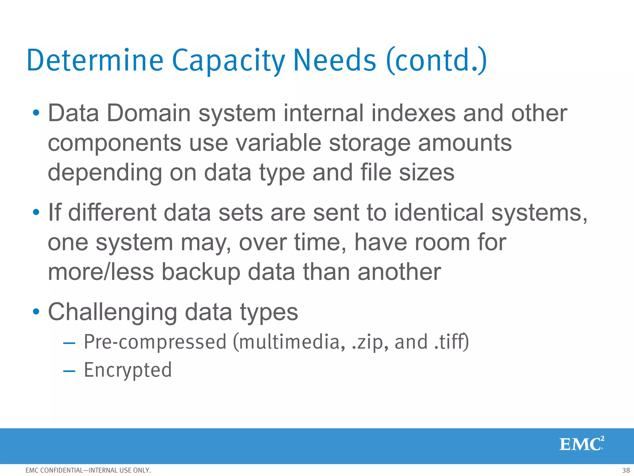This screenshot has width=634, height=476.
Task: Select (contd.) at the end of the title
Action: click(437, 61)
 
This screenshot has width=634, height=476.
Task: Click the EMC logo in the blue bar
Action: click(581, 444)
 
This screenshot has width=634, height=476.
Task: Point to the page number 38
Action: click(626, 470)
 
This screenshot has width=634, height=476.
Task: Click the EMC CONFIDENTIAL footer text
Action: click(88, 470)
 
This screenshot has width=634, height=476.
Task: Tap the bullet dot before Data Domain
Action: click(36, 113)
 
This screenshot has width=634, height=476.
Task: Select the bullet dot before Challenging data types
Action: click(36, 311)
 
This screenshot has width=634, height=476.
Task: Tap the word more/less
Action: click(101, 272)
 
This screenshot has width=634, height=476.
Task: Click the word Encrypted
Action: click(128, 370)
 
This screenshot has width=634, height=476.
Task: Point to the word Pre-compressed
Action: click(155, 342)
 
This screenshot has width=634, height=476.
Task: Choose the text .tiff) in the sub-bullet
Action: click(452, 342)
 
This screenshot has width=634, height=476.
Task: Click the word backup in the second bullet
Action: click(201, 272)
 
